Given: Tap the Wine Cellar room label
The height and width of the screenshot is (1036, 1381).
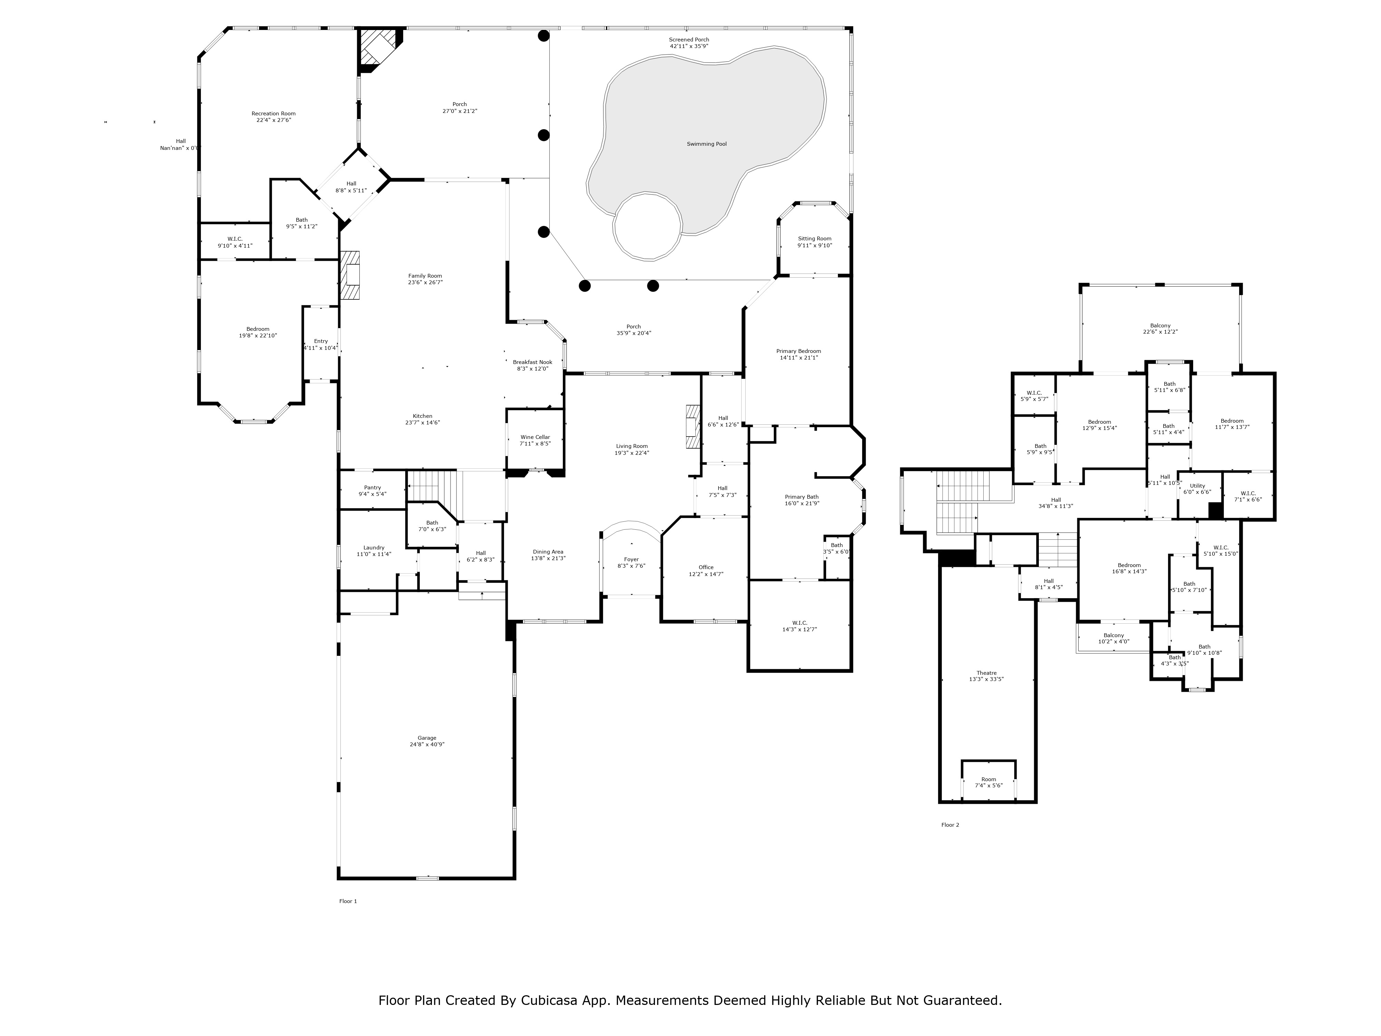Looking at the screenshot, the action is [x=535, y=440].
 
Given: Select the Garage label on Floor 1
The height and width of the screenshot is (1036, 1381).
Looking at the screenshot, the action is [x=427, y=741].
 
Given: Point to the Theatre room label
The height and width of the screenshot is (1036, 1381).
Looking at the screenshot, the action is [x=986, y=676].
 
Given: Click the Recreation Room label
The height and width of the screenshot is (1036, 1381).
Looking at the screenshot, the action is [x=273, y=117].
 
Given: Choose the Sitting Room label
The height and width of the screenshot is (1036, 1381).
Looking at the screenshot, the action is [x=815, y=242].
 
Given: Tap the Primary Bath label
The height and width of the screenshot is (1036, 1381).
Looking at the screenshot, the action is [x=802, y=500].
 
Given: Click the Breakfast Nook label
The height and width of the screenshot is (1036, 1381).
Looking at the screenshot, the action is [x=532, y=365].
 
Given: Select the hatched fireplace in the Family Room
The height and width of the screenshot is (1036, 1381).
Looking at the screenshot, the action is [x=350, y=275].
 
